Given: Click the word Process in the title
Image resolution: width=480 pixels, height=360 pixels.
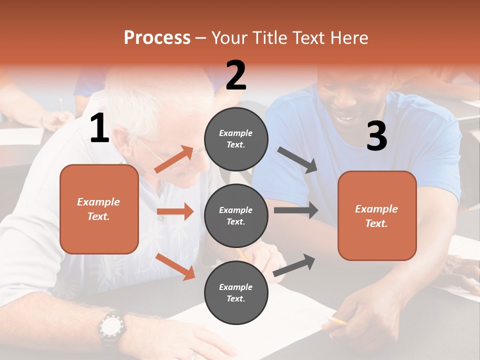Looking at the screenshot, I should [157, 38].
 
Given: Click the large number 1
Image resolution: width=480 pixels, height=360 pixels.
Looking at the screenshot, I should [99, 128].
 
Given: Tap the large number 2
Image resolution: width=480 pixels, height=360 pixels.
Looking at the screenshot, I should [236, 75].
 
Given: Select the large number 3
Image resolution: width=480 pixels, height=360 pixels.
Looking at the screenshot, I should [376, 137].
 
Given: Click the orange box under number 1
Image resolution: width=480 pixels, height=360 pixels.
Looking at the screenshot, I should [99, 209].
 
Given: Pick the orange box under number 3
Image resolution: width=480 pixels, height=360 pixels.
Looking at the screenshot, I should [377, 216].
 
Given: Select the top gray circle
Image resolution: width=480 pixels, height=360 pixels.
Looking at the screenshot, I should [236, 139].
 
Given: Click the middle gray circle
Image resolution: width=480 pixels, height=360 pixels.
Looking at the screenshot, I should [236, 216].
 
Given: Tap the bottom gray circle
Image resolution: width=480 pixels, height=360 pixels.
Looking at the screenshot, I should [236, 293].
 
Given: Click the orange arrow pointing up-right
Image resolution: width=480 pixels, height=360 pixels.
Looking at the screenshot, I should [174, 159].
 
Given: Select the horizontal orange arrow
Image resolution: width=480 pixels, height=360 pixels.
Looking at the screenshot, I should [175, 211].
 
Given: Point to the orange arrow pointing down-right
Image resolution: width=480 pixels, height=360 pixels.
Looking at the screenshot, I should [175, 266].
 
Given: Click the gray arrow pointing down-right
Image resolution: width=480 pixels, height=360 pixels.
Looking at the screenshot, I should [297, 160].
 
